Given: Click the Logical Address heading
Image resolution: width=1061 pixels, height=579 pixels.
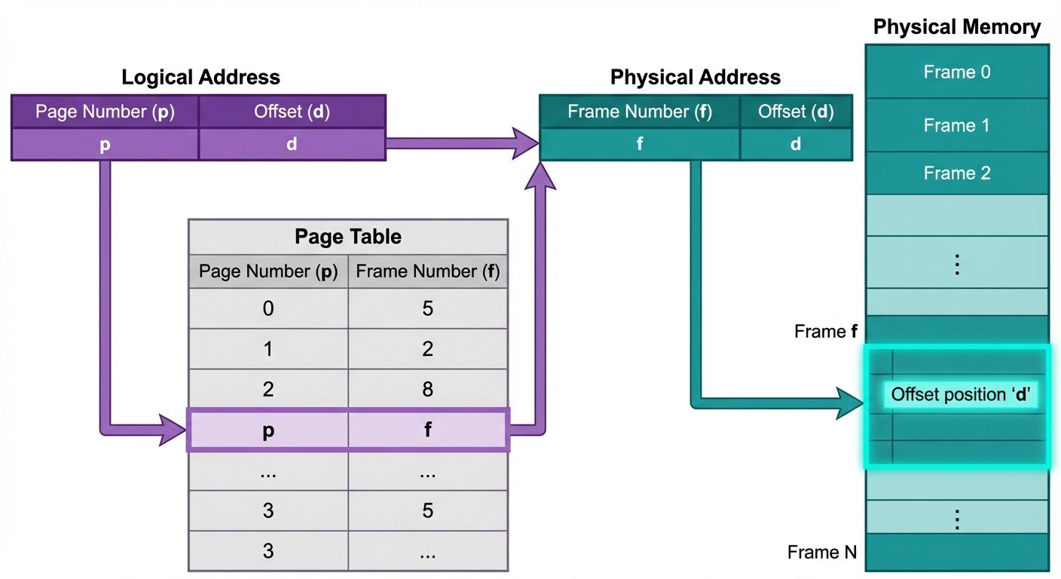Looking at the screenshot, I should coord(200,77).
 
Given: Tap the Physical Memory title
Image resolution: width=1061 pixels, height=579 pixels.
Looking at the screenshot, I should coord(956,28).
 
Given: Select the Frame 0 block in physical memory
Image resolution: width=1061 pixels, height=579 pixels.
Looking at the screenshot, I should coord(956,72).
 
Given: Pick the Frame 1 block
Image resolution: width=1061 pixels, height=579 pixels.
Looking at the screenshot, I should coord(956,125).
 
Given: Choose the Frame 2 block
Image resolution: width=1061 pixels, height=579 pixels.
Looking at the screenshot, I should coord(956,173).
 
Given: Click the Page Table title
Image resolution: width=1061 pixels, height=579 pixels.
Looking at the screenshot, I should coord(347,237).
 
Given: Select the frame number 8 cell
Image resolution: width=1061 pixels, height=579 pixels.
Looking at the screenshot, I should coord(427,390).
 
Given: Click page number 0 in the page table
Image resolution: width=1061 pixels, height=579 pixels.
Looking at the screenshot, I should coord(268,308).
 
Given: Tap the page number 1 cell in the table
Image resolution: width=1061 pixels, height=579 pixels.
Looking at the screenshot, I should coord(268,349).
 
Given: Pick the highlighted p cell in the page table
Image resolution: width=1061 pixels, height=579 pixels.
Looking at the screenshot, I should coord(268,430).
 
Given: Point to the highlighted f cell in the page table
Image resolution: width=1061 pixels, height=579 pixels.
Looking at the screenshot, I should coord(427,430).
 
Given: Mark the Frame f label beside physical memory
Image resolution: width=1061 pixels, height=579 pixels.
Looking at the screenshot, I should coord(825,332).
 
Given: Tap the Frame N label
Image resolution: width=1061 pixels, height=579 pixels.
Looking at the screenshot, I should coord(822,553).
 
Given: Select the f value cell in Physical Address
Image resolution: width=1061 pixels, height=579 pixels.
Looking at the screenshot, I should coord(640,144).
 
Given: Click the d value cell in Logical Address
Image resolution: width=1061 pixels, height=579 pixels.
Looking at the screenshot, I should coord(292,144).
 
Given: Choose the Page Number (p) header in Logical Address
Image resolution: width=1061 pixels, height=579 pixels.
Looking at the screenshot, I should coord(105,112).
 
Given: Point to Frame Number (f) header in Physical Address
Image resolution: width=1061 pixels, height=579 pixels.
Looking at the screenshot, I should coord(640,112).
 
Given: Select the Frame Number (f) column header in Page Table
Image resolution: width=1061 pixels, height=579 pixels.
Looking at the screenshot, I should coord(427,271).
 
